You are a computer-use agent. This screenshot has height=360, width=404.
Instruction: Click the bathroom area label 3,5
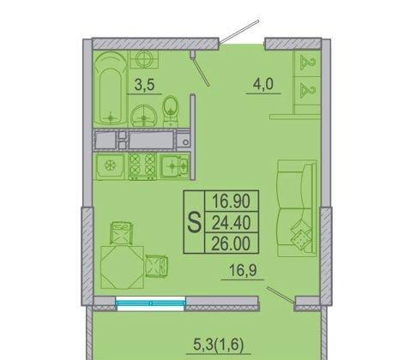click(x=144, y=85)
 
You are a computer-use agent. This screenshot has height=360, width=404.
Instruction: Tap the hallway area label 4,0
click(x=263, y=84)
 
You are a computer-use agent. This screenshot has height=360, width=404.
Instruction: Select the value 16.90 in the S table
click(x=232, y=201)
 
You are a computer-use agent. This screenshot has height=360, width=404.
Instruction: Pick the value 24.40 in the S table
click(x=232, y=223)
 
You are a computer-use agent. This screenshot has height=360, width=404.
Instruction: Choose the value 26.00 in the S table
click(x=232, y=243)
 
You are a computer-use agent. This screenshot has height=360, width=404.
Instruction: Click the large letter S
click(x=194, y=223)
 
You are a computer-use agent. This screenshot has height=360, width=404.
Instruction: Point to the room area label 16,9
click(x=243, y=271)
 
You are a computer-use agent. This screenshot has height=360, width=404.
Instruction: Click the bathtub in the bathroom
click(x=111, y=88)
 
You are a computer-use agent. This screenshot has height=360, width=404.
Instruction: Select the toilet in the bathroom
click(x=171, y=110)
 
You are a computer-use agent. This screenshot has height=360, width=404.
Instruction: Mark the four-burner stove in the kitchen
click(x=142, y=166)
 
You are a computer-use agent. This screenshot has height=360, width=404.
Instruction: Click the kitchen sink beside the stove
click(x=174, y=166)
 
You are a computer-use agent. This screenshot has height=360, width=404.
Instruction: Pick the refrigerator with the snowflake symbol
click(x=110, y=166)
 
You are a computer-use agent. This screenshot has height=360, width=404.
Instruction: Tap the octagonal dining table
click(x=122, y=267)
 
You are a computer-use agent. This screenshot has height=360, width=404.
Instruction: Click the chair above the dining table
click(x=122, y=233)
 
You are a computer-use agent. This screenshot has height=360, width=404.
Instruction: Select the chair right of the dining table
click(x=156, y=267)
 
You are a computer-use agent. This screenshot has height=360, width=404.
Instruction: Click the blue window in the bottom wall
click(x=151, y=303)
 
